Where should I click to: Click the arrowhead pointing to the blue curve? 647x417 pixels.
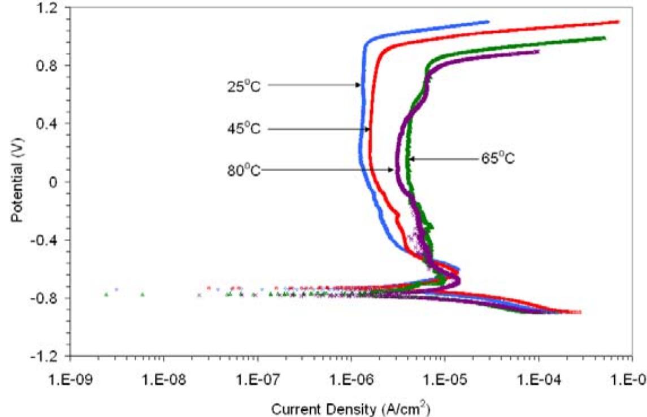[358, 85]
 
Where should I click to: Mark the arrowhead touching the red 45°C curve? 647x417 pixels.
[368, 129]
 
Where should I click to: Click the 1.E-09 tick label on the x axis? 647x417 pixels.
[70, 376]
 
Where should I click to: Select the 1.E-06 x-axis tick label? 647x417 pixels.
[351, 376]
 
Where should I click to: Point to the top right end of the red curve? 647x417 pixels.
[618, 22]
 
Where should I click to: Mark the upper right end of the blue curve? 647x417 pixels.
[487, 22]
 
